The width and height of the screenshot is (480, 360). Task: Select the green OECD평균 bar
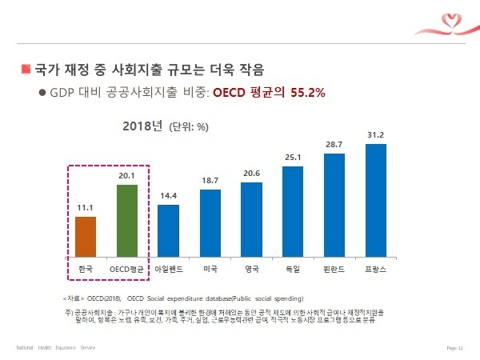click(127, 221)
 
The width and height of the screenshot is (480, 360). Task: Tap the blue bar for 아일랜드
click(168, 231)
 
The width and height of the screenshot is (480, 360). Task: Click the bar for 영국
click(251, 220)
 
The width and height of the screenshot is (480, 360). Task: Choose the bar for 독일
click(293, 212)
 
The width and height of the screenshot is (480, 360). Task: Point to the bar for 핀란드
click(334, 206)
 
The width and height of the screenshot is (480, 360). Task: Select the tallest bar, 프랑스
click(376, 201)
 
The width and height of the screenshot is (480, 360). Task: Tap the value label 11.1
click(86, 208)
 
